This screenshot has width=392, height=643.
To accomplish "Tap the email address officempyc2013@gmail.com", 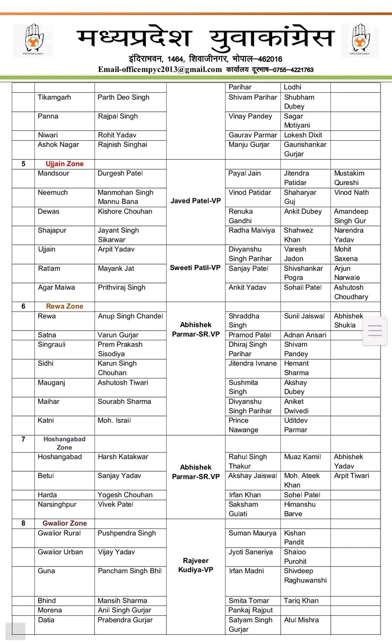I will pyautogui.click(x=160, y=70).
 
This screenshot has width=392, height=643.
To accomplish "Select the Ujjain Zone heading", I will pyautogui.click(x=65, y=164).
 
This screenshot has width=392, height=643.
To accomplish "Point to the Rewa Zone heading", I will pyautogui.click(x=65, y=307).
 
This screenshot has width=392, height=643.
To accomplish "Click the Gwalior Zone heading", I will pyautogui.click(x=65, y=524).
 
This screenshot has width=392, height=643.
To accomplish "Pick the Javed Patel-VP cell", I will pyautogui.click(x=195, y=201).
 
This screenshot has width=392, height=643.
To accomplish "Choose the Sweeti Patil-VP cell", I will pyautogui.click(x=195, y=268).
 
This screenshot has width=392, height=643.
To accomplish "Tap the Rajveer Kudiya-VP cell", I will pyautogui.click(x=195, y=565).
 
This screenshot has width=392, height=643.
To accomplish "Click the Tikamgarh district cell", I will pyautogui.click(x=54, y=98).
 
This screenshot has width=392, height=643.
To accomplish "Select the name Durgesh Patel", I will pyautogui.click(x=120, y=173).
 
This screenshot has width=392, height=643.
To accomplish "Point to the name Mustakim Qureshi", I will pyautogui.click(x=349, y=178).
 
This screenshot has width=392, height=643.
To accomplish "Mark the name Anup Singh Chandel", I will pyautogui.click(x=130, y=316).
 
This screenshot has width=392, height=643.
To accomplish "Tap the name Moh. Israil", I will pyautogui.click(x=114, y=421).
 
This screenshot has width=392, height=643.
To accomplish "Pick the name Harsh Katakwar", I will pyautogui.click(x=123, y=457).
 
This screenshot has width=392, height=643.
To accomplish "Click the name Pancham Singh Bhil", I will pyautogui.click(x=130, y=571).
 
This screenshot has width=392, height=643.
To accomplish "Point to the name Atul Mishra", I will pyautogui.click(x=301, y=620).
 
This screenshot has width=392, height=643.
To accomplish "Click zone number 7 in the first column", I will pyautogui.click(x=23, y=440).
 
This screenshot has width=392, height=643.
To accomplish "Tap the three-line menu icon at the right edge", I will pyautogui.click(x=376, y=331).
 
